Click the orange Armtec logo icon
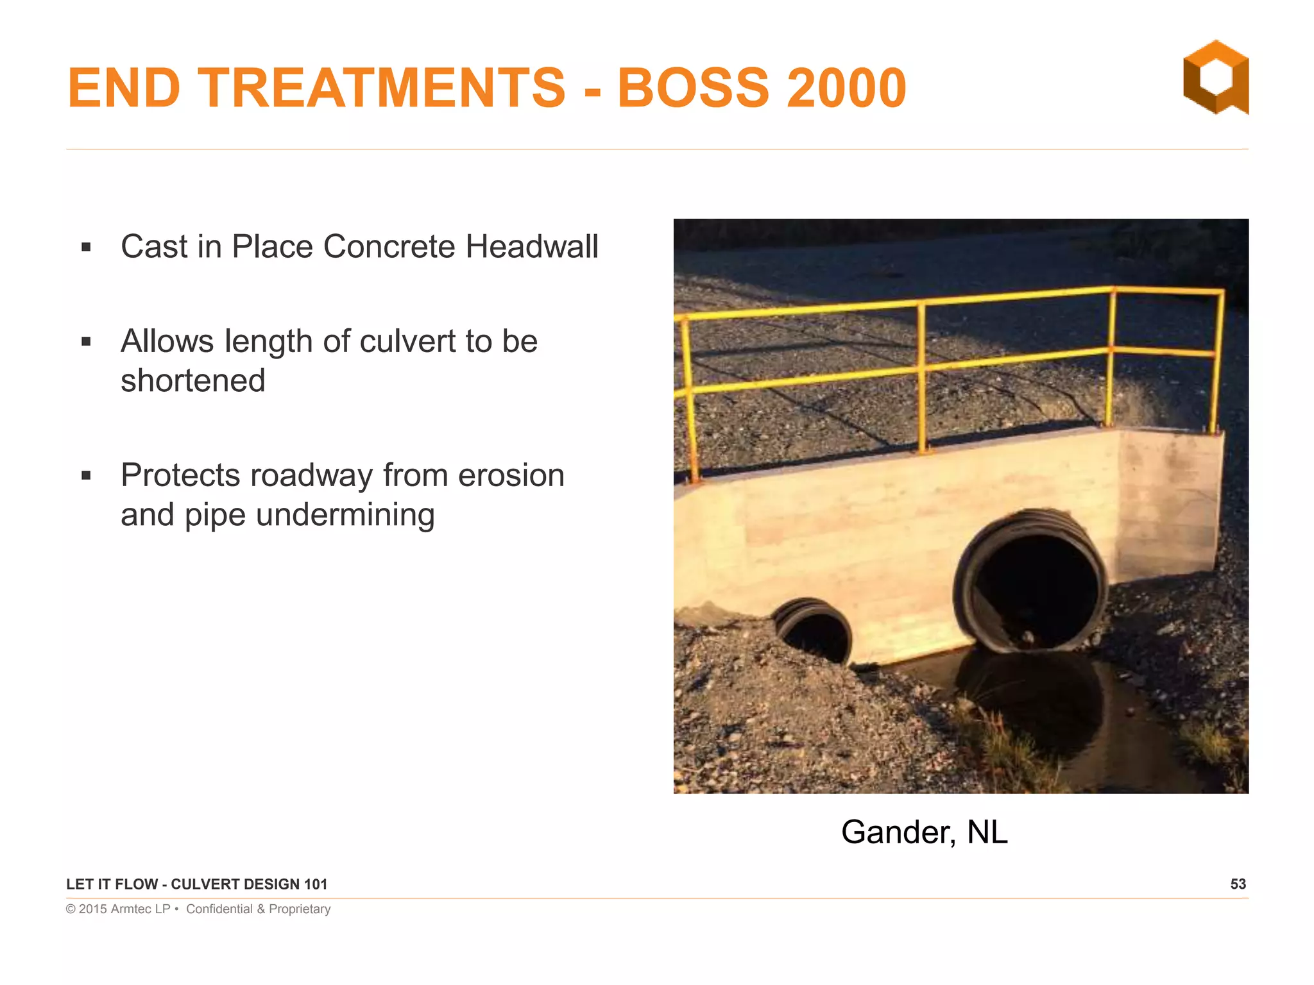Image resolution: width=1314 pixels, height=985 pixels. pyautogui.click(x=1215, y=78)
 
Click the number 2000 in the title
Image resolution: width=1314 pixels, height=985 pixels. pyautogui.click(x=846, y=88)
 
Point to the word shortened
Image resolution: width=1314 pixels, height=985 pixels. pyautogui.click(x=193, y=381)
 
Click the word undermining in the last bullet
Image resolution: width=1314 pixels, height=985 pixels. pyautogui.click(x=345, y=515)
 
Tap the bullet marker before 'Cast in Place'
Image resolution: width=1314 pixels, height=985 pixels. pyautogui.click(x=87, y=248)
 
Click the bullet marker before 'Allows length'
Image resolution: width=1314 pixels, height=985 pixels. pyautogui.click(x=87, y=342)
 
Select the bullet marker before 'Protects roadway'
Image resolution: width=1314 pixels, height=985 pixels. pyautogui.click(x=87, y=476)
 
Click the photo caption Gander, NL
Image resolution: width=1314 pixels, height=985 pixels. pyautogui.click(x=924, y=832)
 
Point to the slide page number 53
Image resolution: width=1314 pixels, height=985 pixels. pyautogui.click(x=1238, y=884)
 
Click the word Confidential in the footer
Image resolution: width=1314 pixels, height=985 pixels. pyautogui.click(x=219, y=909)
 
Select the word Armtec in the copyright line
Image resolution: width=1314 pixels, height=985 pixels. pyautogui.click(x=131, y=909)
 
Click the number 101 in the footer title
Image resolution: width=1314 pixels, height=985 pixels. pyautogui.click(x=315, y=884)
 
